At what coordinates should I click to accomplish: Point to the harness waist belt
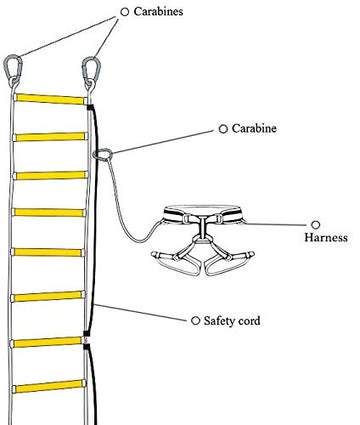coord(204,213)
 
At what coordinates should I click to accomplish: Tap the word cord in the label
coord(254,321)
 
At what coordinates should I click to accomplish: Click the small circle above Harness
coord(316,224)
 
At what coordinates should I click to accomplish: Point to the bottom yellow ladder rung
coord(51,387)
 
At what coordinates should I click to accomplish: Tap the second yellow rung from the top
coord(51,136)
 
